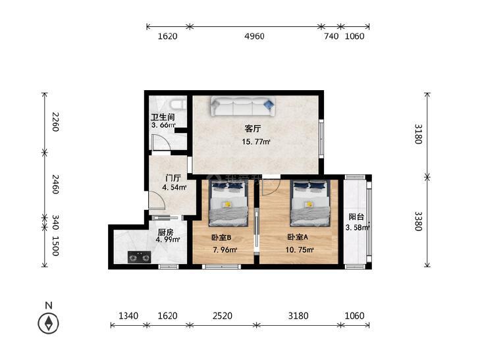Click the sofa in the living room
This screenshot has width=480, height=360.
click(243, 107)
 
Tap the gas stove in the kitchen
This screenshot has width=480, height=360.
click(140, 257)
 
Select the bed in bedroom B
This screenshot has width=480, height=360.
click(228, 203)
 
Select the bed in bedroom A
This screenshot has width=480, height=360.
click(310, 203)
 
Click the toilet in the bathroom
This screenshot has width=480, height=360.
click(178, 105)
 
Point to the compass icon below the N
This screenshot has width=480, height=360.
click(48, 323)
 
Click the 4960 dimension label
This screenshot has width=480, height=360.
click(254, 36)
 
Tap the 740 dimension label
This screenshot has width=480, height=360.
click(331, 36)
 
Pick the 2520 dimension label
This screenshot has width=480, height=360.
click(223, 316)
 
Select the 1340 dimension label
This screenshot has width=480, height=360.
click(128, 316)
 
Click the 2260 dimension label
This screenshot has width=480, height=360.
click(55, 122)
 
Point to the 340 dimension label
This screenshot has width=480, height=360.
click(55, 222)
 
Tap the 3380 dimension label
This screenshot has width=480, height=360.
click(418, 221)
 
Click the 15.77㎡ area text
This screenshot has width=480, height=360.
click(256, 141)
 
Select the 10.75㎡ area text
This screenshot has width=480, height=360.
click(300, 250)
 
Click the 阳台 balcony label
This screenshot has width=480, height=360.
click(356, 217)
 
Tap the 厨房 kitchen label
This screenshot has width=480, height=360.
click(166, 232)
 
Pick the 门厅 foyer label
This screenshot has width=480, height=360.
click(173, 178)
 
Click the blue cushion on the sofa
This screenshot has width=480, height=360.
click(269, 105)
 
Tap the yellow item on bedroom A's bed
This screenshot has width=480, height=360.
click(309, 204)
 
